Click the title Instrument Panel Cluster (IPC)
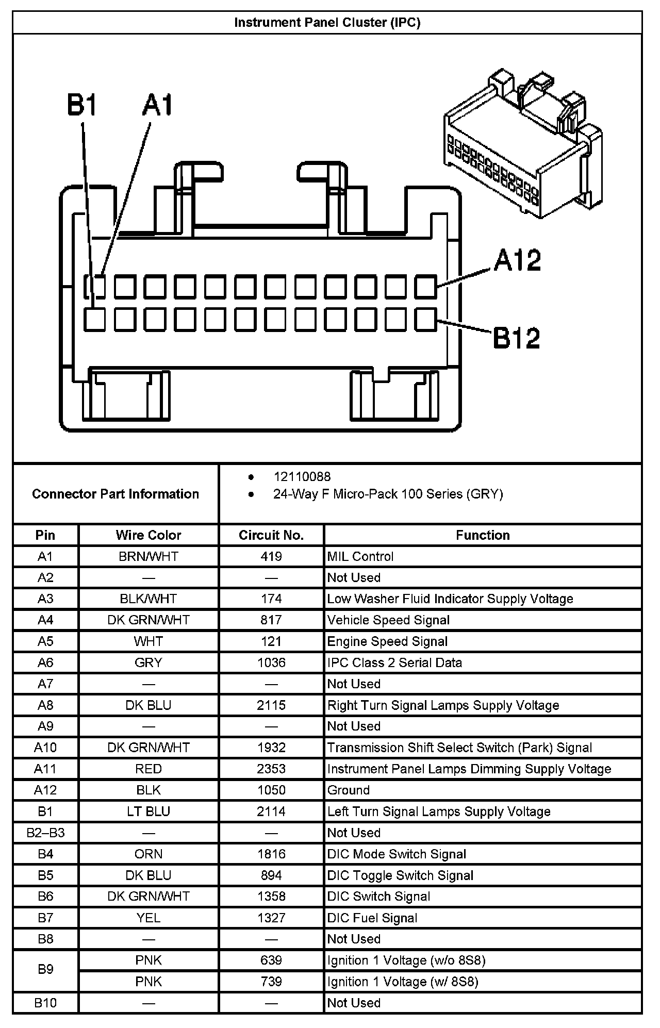click(x=327, y=23)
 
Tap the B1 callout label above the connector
click(x=82, y=105)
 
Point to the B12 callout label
click(x=517, y=338)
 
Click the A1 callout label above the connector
click(x=158, y=105)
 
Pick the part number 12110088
click(x=302, y=477)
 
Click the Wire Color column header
click(x=148, y=535)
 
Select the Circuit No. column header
click(x=271, y=535)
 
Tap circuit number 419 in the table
click(x=271, y=557)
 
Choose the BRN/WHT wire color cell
click(x=148, y=557)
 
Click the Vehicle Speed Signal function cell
click(x=388, y=620)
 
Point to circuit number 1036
click(x=271, y=662)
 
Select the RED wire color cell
click(x=148, y=769)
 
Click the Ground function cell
click(x=349, y=790)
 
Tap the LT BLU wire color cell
click(x=148, y=811)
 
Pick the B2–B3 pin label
click(x=45, y=833)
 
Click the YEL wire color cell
click(x=148, y=918)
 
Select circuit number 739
click(x=271, y=982)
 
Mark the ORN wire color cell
click(x=148, y=854)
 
